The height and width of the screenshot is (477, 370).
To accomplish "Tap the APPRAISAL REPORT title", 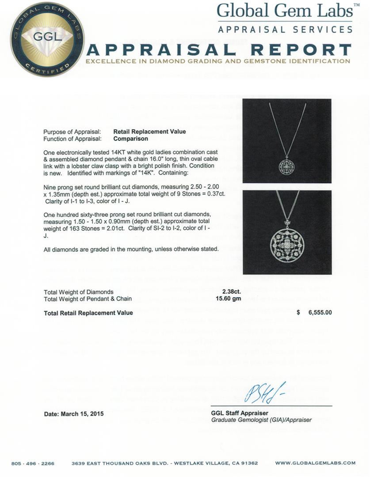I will [x=219, y=49].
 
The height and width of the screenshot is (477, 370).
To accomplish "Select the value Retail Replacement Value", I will [x=149, y=132].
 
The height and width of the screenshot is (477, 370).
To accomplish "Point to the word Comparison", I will [x=130, y=138].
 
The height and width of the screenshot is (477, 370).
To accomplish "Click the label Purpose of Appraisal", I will [x=72, y=132].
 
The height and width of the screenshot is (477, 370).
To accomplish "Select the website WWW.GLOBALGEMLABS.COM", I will [x=315, y=463].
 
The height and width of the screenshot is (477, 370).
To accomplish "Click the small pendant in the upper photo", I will [x=286, y=166].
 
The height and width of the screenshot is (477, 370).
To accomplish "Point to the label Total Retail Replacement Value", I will [x=88, y=313].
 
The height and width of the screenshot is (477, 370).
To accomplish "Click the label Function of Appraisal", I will [x=72, y=138].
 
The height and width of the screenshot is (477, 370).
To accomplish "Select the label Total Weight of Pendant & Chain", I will [x=88, y=299].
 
